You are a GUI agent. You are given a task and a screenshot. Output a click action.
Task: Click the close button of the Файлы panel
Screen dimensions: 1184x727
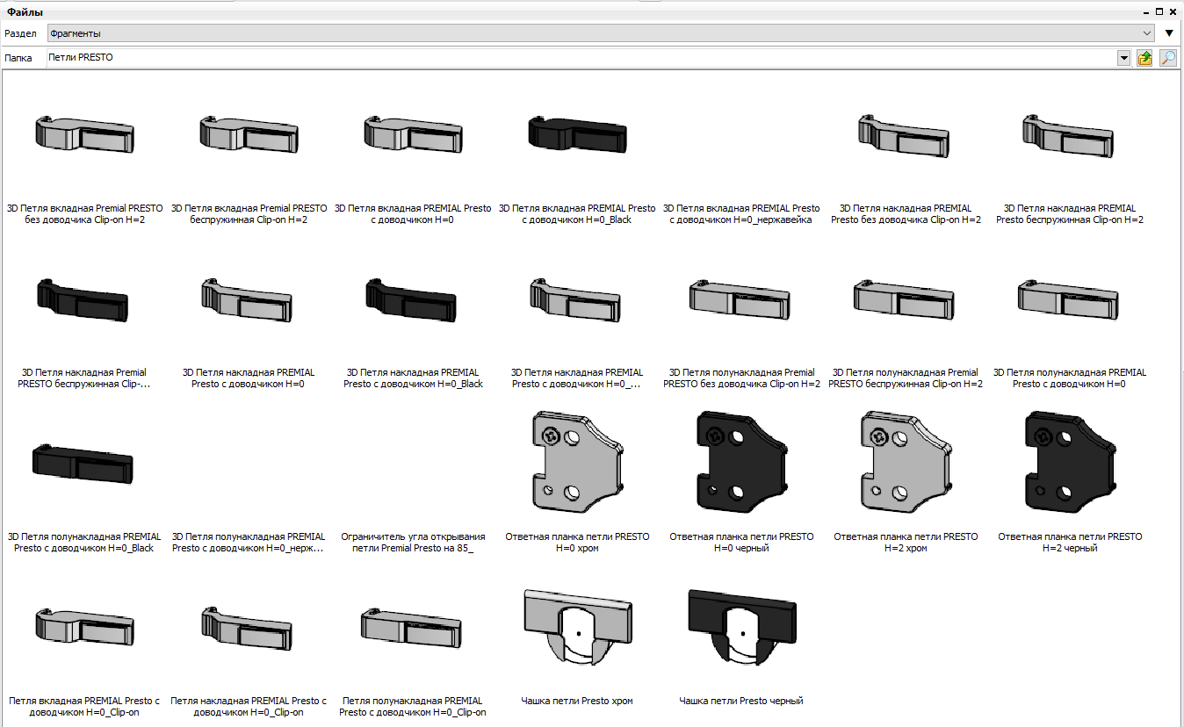pos(1173,11)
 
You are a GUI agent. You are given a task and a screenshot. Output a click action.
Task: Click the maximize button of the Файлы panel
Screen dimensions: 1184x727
pos(1159,11)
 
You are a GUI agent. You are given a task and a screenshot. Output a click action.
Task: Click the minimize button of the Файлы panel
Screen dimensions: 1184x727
pos(1146,12)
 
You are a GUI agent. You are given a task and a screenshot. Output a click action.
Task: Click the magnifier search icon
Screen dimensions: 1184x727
pos(1167,58)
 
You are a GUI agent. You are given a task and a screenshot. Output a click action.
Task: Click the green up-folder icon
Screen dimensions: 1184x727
pos(1144,58)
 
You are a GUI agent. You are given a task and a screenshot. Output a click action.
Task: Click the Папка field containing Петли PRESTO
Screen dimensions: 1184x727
pos(581,58)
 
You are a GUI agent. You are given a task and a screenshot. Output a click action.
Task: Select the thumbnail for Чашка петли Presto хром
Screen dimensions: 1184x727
pos(577,626)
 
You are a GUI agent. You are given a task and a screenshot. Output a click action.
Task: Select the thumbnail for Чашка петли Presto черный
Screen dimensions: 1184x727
pos(741,626)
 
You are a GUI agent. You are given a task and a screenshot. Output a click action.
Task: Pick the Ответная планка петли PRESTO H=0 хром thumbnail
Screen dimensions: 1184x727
pos(577,462)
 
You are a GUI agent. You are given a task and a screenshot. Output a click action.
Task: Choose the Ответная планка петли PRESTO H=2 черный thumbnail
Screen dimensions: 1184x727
pos(1070,462)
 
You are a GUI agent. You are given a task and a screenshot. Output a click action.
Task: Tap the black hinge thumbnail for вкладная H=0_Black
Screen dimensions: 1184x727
pos(577,134)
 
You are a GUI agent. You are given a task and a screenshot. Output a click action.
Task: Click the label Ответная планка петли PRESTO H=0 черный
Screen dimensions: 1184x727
pos(741,542)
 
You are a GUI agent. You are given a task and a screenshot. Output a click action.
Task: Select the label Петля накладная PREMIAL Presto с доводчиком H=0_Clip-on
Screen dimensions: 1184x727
pos(249,707)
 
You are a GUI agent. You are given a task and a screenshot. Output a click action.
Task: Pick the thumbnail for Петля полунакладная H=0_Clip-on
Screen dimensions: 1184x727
pos(411,628)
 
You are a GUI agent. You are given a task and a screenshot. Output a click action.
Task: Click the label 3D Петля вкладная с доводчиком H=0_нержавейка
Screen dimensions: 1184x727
pos(741,214)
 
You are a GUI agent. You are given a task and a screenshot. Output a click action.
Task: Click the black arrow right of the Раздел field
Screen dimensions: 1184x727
pos(1169,33)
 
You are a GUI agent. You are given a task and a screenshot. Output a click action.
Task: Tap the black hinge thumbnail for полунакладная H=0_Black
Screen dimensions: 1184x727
pos(83,464)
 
